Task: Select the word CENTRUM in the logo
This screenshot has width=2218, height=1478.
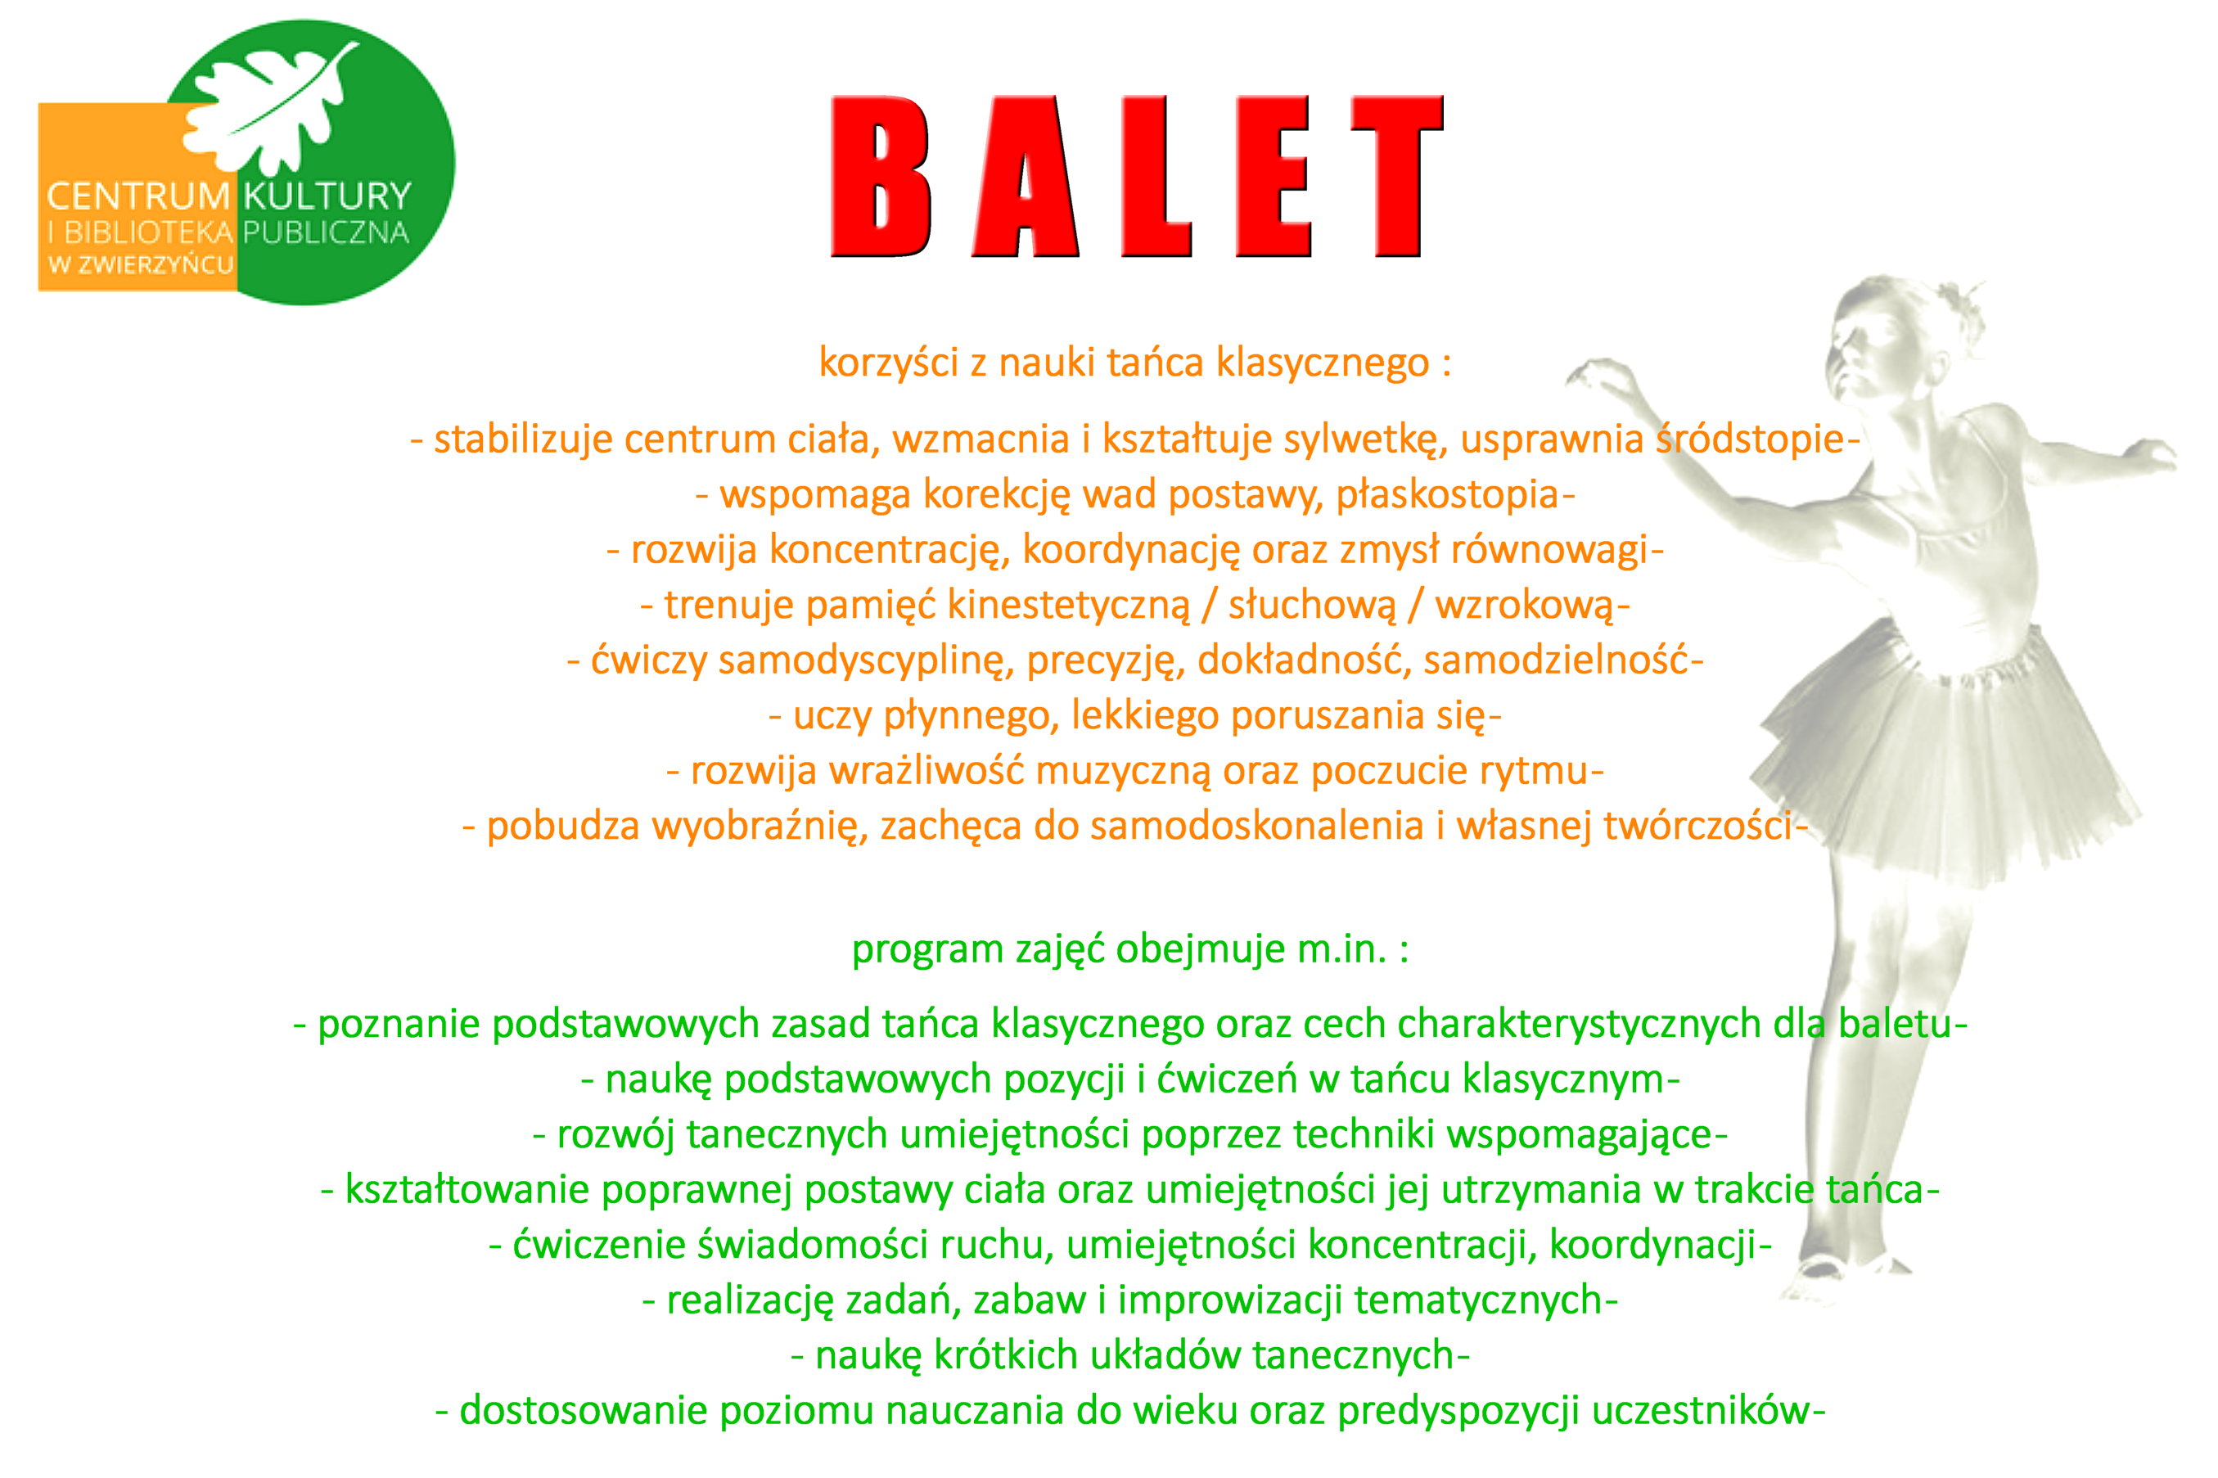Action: coord(138,196)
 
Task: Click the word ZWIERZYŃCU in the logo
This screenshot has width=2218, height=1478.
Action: coord(155,265)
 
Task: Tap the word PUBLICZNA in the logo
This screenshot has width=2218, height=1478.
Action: coord(325,232)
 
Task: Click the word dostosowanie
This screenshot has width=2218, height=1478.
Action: coord(584,1411)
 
